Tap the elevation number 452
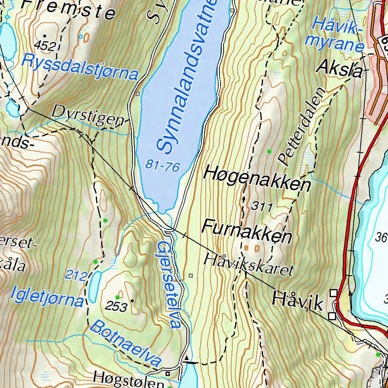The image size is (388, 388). pyautogui.click(x=45, y=45)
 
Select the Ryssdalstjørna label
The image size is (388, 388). pyautogui.click(x=80, y=67)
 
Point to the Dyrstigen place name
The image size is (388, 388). pyautogui.click(x=88, y=115)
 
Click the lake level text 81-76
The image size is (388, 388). pyautogui.click(x=162, y=165)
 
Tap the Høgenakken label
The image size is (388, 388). pyautogui.click(x=257, y=180)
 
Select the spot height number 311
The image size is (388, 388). pyautogui.click(x=262, y=207)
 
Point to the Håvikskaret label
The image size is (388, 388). pyautogui.click(x=249, y=264)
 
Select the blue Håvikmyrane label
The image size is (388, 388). pyautogui.click(x=338, y=35)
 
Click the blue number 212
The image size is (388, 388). pyautogui.click(x=76, y=275)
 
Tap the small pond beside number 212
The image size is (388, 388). pyautogui.click(x=94, y=286)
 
